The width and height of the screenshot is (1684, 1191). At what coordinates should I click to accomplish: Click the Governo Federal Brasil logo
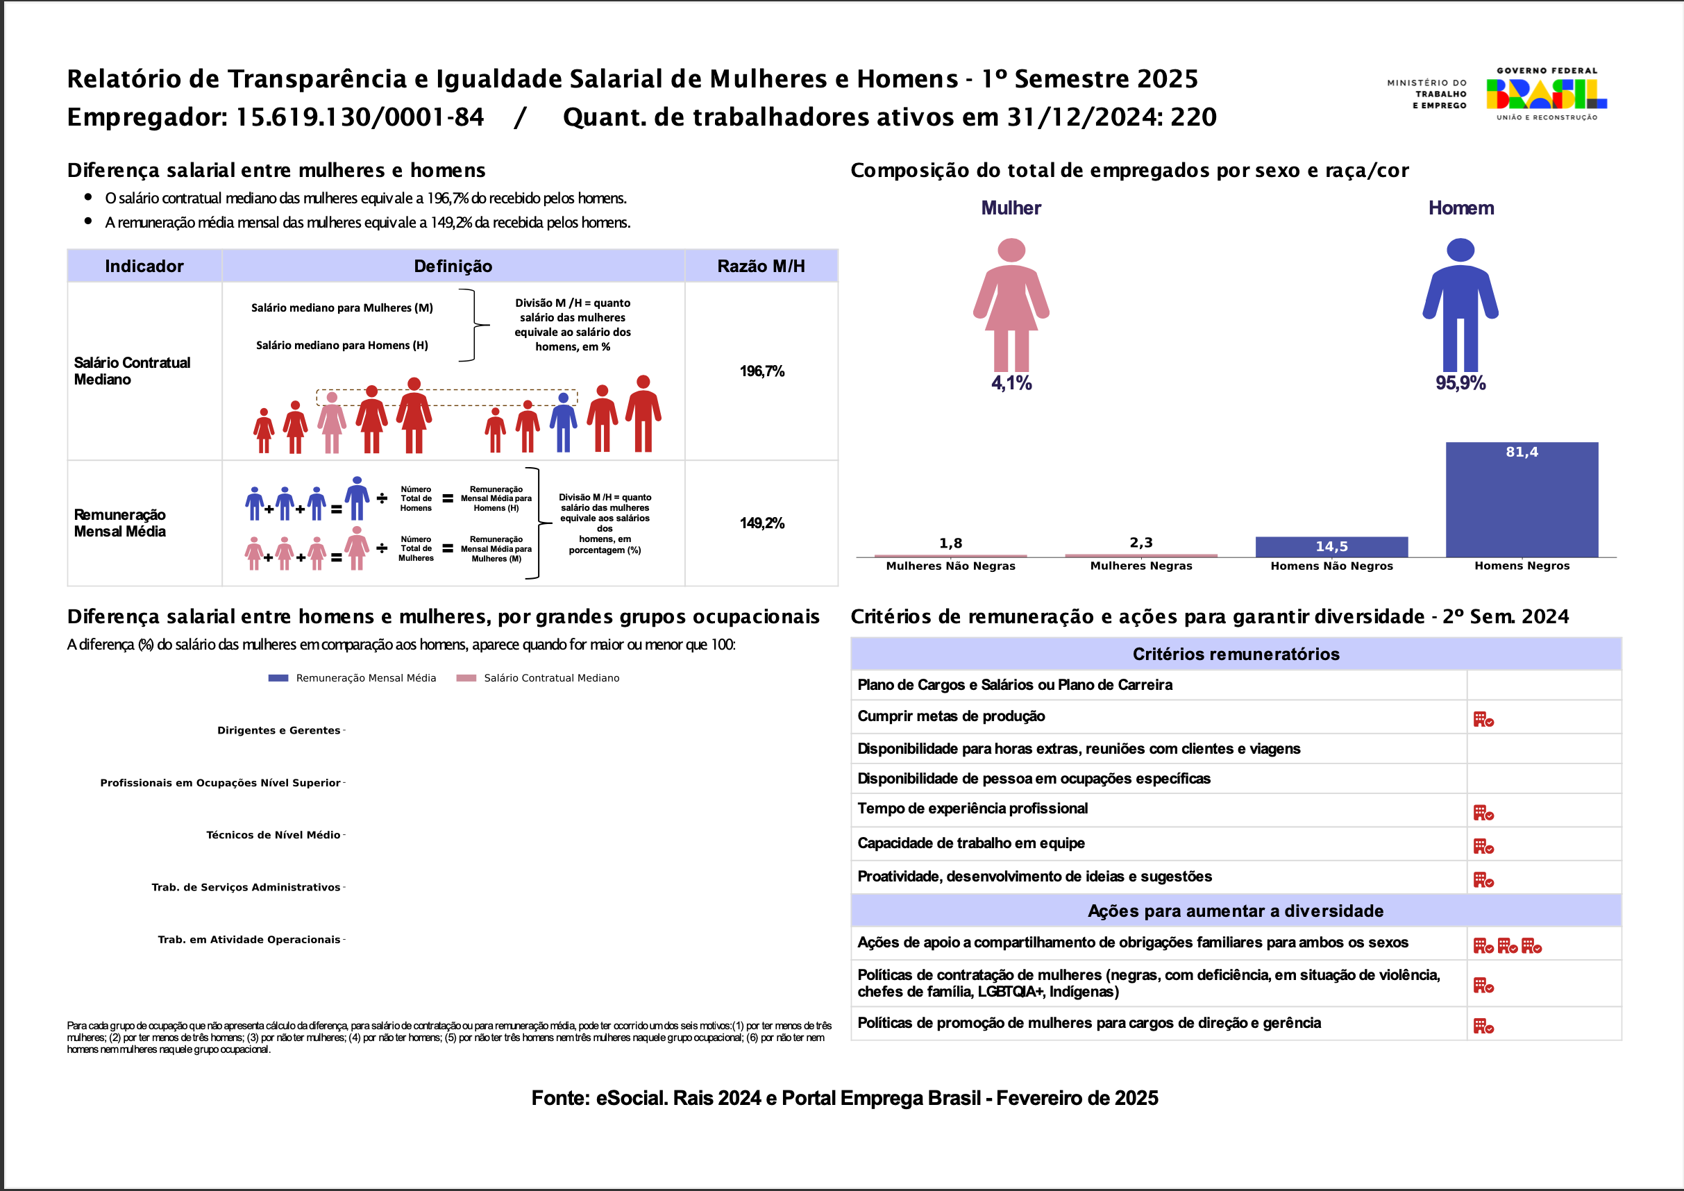1546,94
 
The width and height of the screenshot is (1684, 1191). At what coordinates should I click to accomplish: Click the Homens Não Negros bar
1331,547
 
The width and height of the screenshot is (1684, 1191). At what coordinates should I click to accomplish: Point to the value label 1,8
950,543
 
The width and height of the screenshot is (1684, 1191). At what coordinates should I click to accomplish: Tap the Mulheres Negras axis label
1140,566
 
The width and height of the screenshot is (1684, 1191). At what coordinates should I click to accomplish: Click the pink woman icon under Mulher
1011,305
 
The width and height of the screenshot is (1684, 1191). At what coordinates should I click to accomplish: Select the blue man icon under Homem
1460,305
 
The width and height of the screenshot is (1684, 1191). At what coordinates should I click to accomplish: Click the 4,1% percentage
1011,383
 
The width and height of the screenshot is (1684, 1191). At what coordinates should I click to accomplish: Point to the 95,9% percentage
1460,383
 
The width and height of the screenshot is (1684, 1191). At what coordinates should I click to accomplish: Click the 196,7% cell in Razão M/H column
761,371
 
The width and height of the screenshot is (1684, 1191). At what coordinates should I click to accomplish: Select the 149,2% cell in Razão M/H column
761,523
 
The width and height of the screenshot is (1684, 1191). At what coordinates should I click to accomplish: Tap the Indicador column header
144,267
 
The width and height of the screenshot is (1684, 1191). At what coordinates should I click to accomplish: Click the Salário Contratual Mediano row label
132,371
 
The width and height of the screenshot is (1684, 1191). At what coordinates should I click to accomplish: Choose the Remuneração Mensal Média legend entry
365,678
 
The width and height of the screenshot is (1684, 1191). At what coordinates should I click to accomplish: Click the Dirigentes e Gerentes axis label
279,730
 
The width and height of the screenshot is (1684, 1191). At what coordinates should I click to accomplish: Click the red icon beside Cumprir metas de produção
1483,720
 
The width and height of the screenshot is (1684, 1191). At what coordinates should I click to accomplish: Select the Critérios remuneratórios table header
1236,654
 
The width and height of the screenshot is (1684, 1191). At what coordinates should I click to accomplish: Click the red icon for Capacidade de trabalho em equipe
1483,847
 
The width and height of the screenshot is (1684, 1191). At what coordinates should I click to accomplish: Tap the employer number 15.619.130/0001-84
360,117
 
